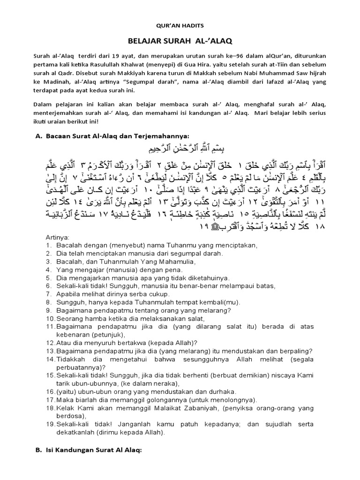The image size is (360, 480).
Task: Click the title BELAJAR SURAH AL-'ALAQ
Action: [181, 41]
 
